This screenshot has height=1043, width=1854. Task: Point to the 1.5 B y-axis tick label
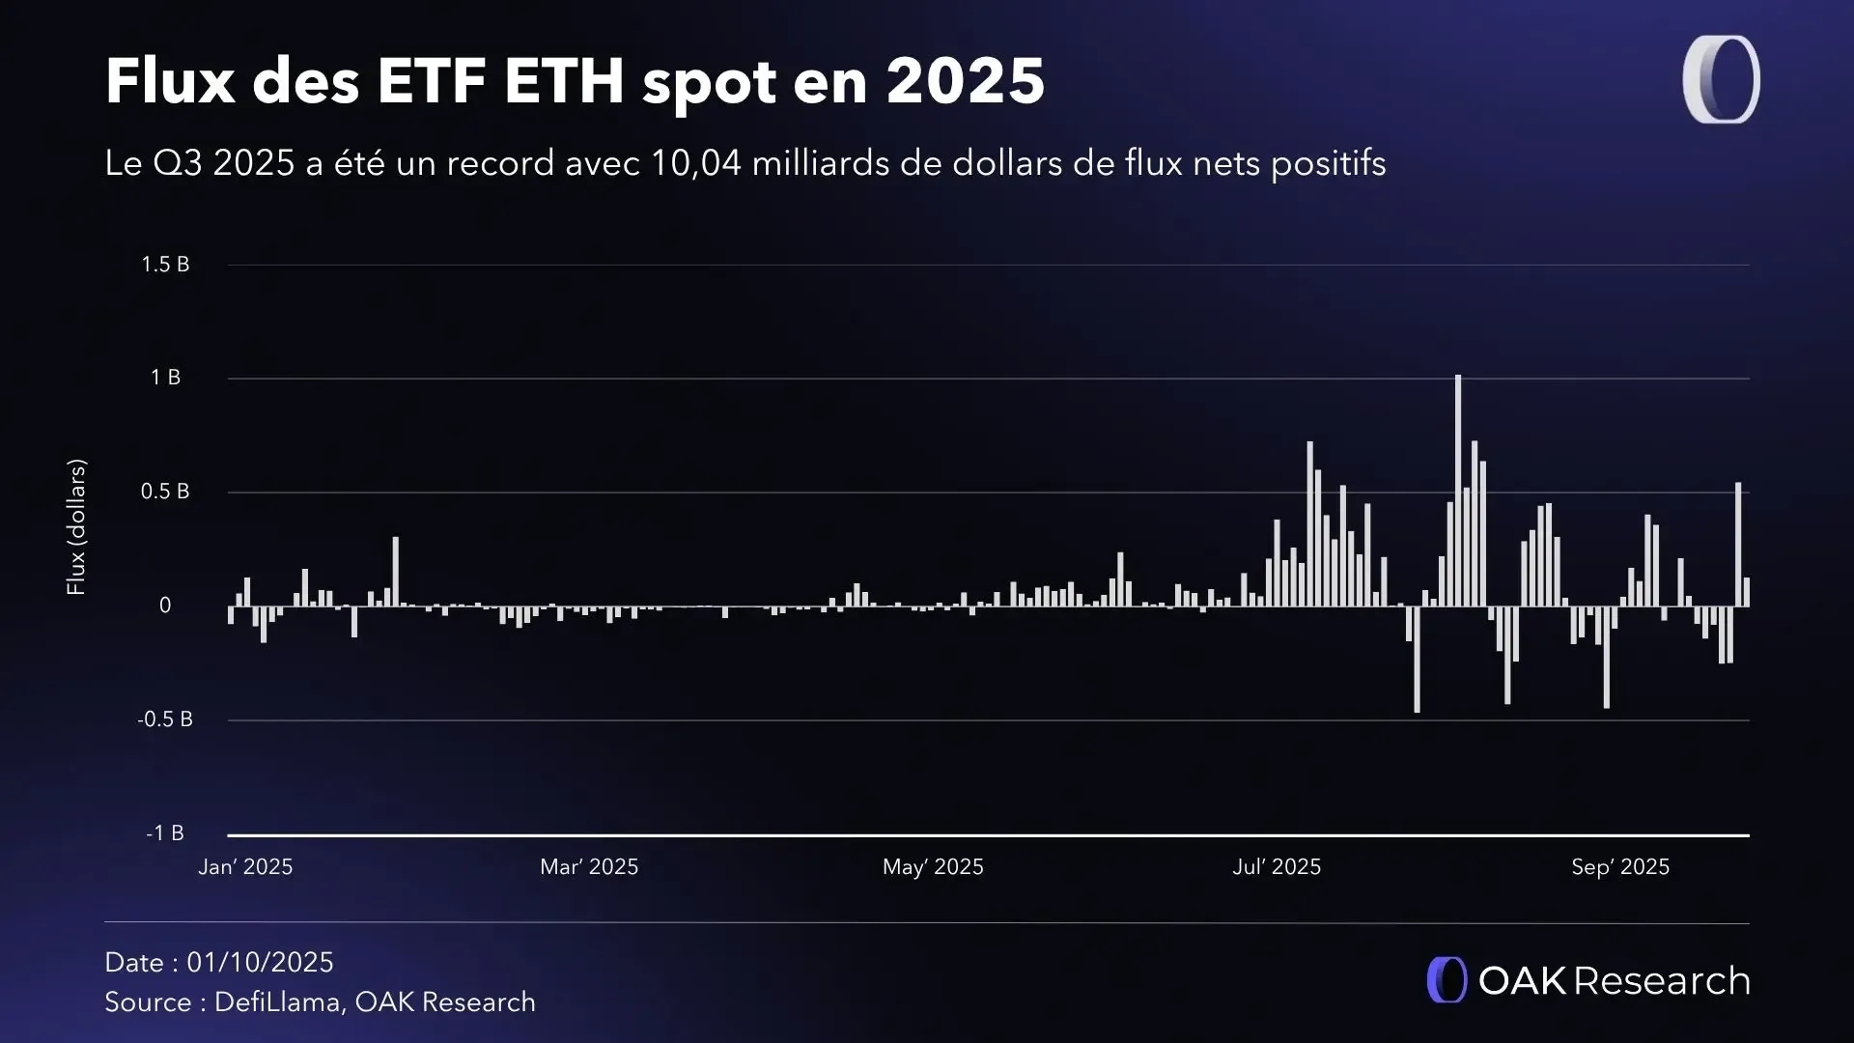pos(165,265)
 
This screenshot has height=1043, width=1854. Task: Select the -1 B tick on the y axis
pos(165,833)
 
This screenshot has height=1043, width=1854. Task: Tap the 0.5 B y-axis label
pos(165,492)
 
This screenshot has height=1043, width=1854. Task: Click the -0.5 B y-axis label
pos(165,719)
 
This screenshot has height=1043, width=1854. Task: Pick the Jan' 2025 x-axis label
pos(245,867)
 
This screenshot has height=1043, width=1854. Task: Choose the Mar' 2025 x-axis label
pos(589,867)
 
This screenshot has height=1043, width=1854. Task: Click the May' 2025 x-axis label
pos(933,867)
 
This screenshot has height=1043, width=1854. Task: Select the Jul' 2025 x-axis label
pos(1277,867)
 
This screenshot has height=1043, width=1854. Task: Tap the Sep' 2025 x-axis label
pos(1620,867)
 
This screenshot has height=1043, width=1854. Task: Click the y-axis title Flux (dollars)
pos(76,526)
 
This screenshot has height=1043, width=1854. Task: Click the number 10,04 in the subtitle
pos(695,163)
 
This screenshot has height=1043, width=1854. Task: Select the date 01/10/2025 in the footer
pos(260,963)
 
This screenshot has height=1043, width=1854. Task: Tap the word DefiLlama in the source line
pos(277,1002)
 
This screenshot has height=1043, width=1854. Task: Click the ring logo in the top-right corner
pos(1721,79)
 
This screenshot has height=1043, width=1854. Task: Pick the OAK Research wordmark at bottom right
pos(1588,980)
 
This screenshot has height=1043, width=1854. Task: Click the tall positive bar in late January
pos(395,572)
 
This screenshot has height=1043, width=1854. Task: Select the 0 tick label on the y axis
pos(165,606)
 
